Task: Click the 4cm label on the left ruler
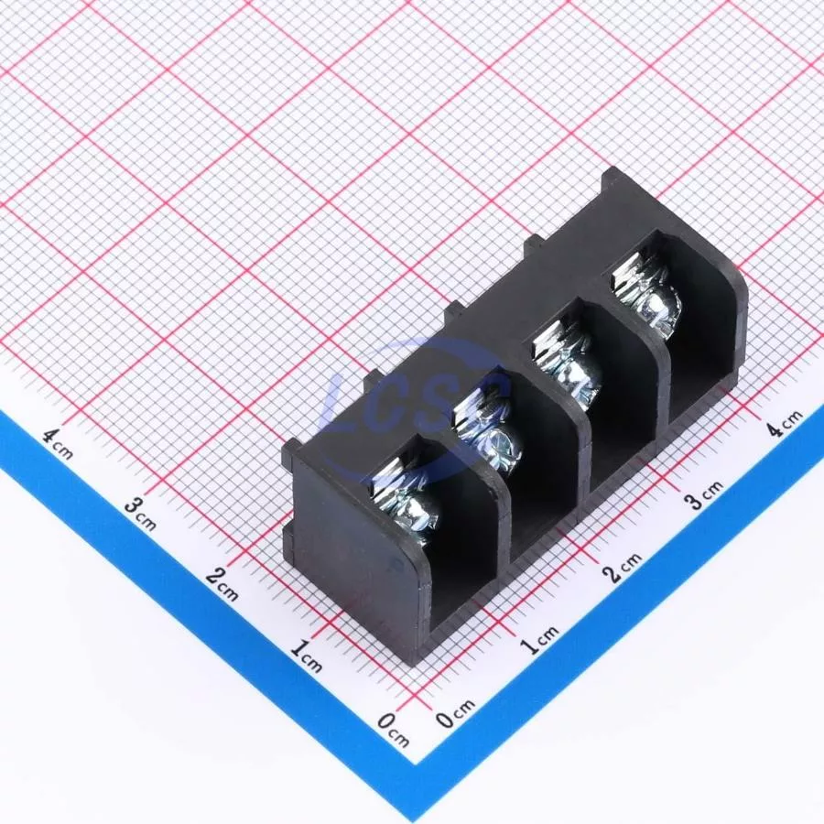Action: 58,444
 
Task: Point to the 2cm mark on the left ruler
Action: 222,584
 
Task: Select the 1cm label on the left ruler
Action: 306,656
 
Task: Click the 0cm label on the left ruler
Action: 393,730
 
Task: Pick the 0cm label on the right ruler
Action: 455,712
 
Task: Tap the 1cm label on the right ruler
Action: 539,639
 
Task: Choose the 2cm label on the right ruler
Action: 624,567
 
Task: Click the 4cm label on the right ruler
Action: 786,422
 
